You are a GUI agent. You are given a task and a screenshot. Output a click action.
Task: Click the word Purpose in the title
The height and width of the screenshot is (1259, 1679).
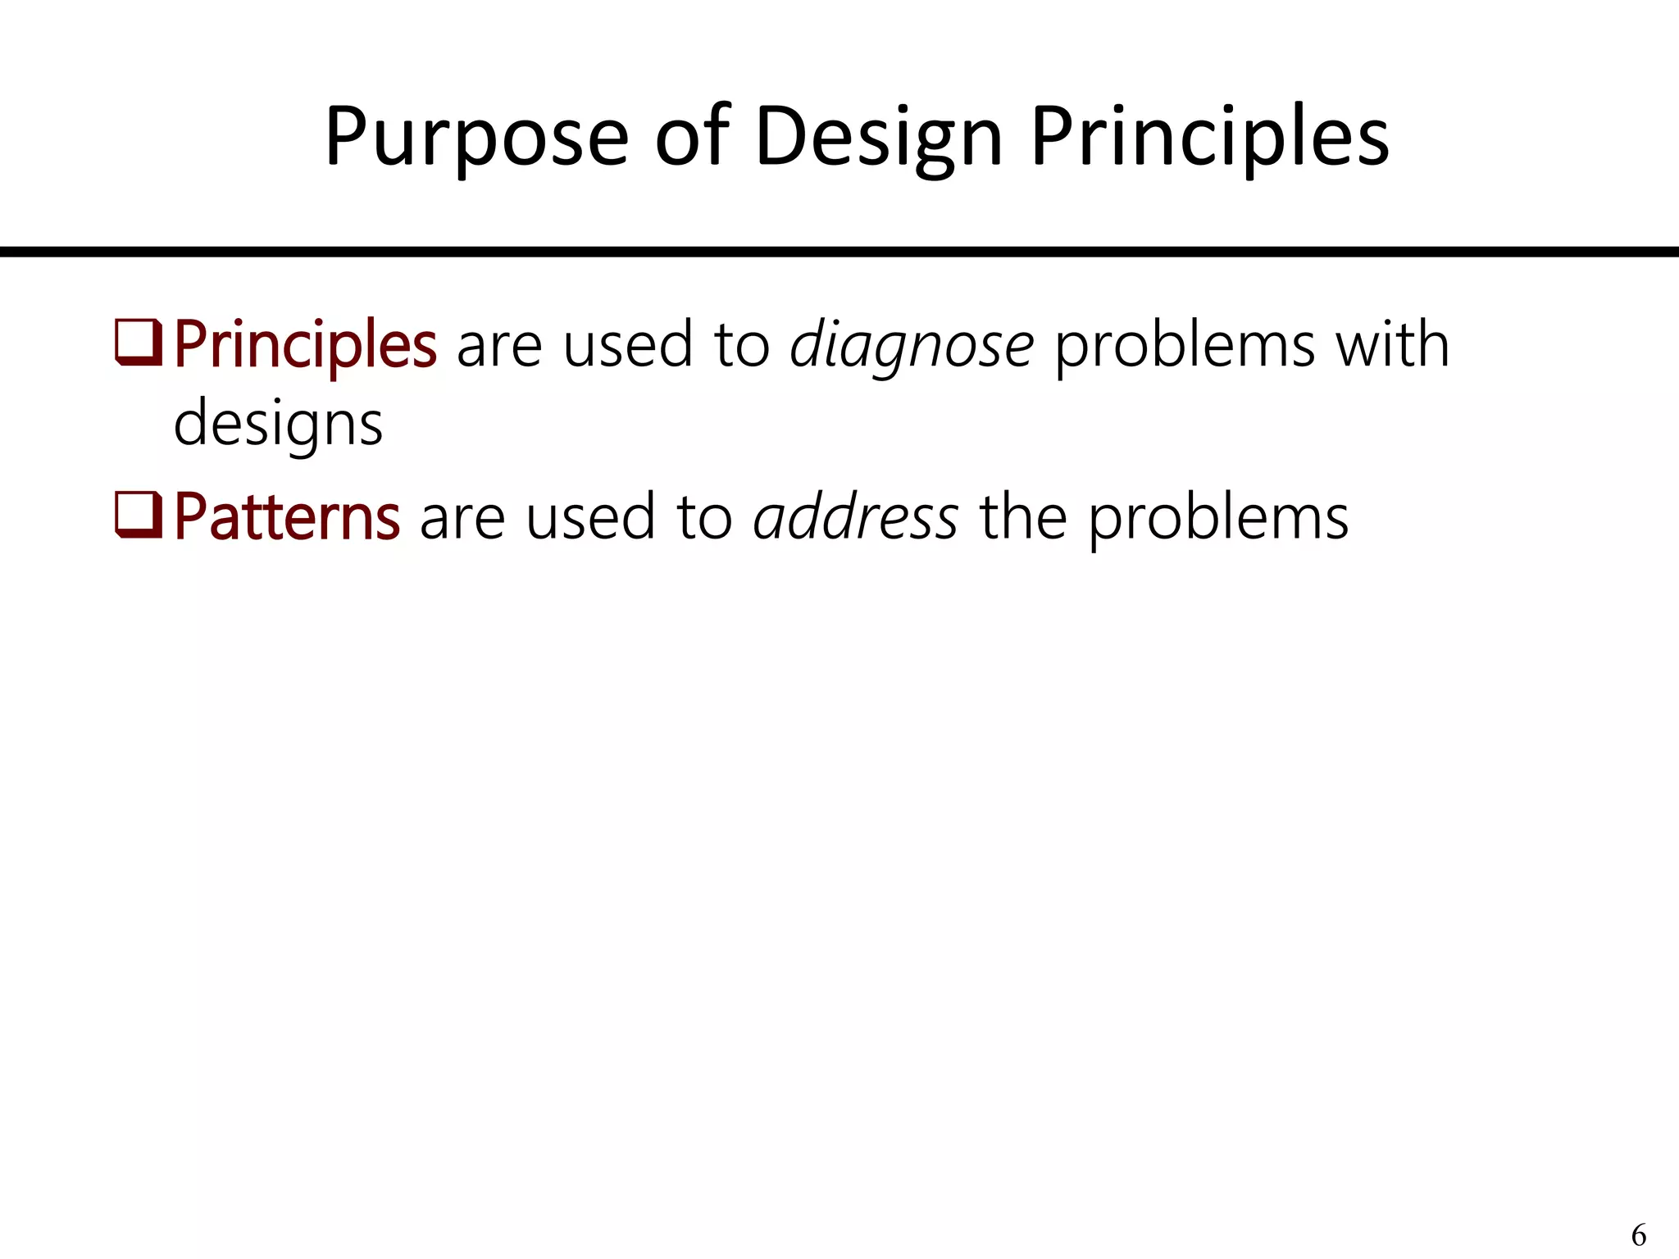click(476, 138)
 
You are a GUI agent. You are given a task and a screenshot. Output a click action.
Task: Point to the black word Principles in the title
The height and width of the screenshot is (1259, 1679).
click(1209, 138)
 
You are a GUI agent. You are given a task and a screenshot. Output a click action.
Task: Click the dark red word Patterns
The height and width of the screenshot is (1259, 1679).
click(287, 518)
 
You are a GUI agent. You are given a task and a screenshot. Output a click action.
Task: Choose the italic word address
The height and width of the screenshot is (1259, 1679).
click(855, 518)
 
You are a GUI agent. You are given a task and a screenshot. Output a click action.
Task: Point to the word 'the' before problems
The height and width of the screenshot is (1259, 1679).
click(1022, 518)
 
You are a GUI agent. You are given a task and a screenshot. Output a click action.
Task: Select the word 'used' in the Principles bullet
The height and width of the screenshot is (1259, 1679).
click(628, 345)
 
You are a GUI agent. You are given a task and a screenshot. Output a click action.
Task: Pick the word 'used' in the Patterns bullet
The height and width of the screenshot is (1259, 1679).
click(590, 518)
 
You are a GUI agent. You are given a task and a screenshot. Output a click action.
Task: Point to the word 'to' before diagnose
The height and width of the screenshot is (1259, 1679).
click(742, 345)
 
